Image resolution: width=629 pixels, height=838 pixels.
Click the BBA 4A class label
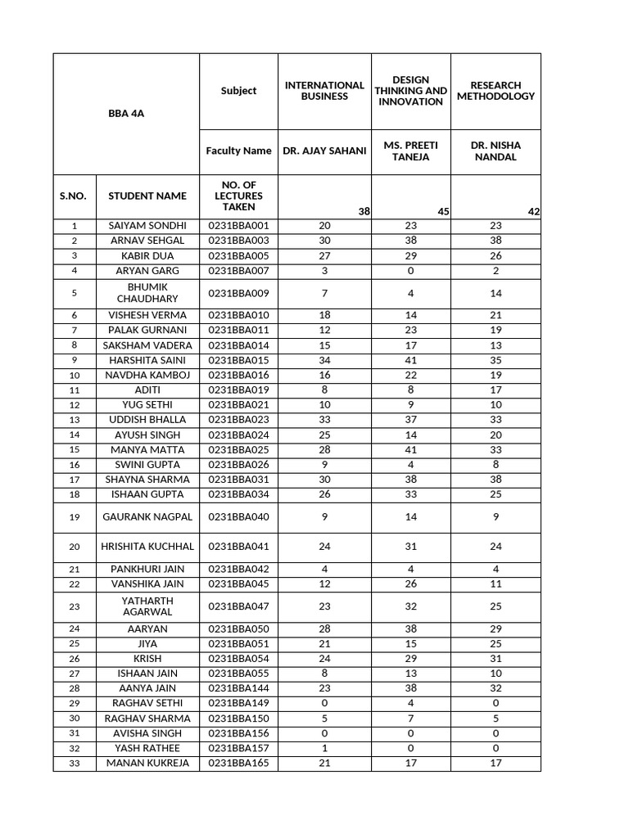[126, 114]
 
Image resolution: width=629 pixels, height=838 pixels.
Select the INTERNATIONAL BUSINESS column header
[324, 91]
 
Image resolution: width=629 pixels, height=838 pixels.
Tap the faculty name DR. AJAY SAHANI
[324, 151]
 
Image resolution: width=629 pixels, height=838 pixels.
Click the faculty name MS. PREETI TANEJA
[411, 151]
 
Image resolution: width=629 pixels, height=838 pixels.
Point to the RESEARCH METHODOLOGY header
[496, 91]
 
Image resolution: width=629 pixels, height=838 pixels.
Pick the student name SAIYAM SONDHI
[147, 226]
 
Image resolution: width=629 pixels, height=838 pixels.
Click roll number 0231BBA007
[238, 271]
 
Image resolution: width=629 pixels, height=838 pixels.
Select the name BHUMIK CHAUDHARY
[147, 293]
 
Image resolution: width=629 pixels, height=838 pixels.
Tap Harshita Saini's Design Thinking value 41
[411, 360]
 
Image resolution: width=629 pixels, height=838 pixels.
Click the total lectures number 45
[443, 212]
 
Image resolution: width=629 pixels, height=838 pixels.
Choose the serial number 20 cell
[75, 547]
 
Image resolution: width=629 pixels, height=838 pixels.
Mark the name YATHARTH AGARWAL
[147, 606]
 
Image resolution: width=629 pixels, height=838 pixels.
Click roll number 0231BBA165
[238, 763]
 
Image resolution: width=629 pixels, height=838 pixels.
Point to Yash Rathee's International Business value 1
[324, 748]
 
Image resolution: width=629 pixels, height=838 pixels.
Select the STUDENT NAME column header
[147, 196]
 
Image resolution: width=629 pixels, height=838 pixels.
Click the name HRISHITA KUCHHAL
[147, 547]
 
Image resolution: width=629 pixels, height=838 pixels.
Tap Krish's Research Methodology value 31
[496, 659]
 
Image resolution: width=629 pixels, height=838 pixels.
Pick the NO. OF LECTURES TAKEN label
[238, 196]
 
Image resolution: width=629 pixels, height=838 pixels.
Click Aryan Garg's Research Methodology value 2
[496, 271]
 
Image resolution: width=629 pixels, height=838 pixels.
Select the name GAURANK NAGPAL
[147, 517]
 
